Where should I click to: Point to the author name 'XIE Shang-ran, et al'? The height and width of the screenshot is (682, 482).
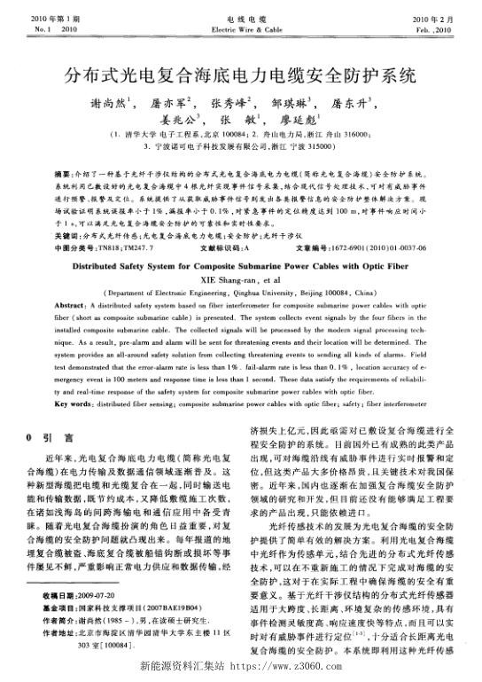pos(240,277)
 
